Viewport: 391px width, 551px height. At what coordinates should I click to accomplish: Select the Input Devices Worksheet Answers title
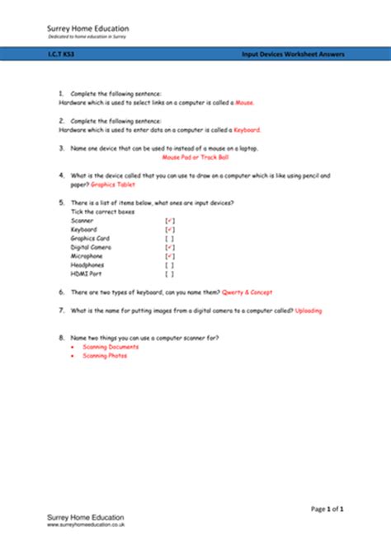pos(293,54)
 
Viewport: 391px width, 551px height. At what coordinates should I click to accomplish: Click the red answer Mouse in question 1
pos(245,103)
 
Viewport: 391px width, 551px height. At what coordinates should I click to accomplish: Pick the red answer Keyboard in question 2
pos(248,129)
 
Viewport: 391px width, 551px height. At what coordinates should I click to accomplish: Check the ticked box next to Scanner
pos(169,221)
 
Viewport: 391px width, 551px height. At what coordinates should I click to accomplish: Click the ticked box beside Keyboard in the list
pos(169,230)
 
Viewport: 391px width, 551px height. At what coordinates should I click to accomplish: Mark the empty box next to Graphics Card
pos(169,239)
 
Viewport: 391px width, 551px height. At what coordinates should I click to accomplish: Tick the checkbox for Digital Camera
pos(169,247)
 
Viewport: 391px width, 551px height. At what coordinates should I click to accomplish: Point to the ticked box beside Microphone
pos(169,256)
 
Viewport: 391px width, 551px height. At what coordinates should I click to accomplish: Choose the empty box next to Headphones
pos(169,265)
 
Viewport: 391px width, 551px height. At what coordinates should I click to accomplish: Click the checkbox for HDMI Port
pos(169,273)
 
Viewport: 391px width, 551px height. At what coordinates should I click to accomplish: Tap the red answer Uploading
pos(309,311)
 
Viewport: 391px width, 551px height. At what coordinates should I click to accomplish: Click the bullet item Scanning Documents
pos(111,347)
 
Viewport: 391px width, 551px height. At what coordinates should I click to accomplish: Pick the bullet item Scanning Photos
pos(105,356)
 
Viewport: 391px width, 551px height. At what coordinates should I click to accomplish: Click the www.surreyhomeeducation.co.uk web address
pos(85,524)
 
